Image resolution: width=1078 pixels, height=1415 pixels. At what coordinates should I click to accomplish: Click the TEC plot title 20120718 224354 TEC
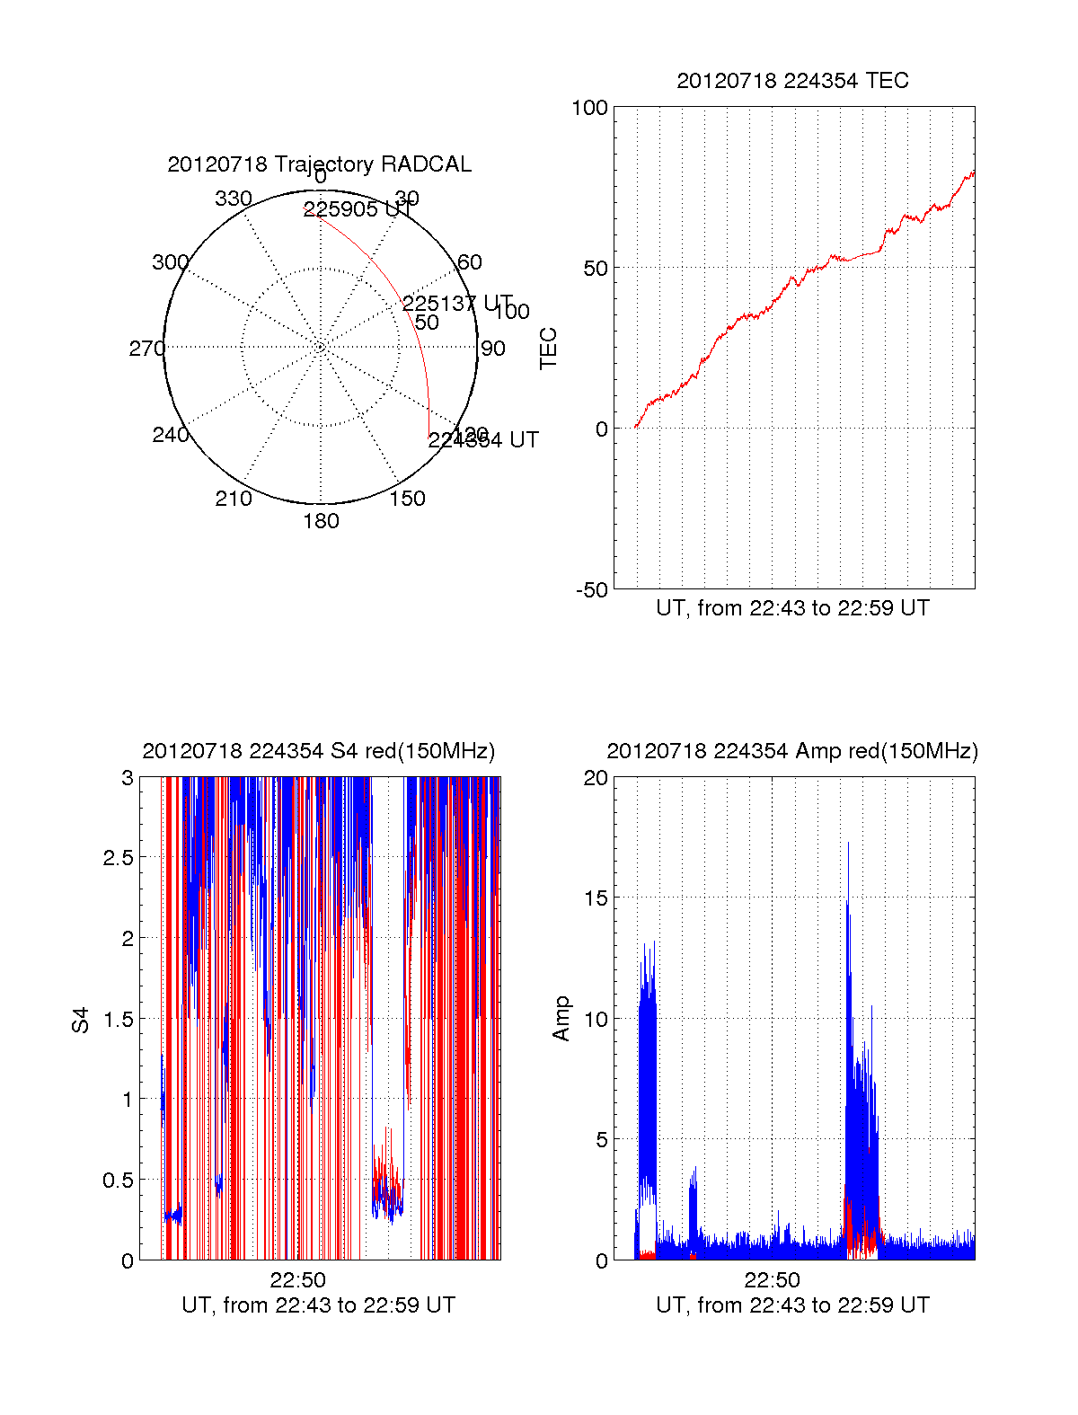tap(792, 81)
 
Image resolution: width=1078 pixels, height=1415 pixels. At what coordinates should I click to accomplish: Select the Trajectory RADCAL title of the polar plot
tap(320, 164)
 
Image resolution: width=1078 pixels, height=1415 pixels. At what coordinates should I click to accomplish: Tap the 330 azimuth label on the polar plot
tap(234, 199)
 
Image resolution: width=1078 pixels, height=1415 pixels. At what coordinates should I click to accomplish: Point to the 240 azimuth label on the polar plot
tap(171, 435)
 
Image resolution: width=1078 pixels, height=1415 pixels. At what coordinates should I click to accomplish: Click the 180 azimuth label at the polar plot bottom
tap(321, 521)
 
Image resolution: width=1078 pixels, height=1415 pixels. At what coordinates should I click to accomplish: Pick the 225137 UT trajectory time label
tap(456, 304)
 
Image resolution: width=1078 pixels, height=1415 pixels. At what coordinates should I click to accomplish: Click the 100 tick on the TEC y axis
tap(590, 108)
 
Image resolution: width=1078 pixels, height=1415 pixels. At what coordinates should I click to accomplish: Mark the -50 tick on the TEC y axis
tap(592, 590)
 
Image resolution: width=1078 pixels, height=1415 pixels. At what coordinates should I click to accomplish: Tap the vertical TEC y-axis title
tap(548, 349)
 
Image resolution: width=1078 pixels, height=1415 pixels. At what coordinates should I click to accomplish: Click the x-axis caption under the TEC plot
tap(792, 608)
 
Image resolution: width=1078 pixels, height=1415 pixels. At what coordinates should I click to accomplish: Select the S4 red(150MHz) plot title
tap(319, 751)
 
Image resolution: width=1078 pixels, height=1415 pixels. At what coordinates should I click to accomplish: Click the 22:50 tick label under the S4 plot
tap(297, 1280)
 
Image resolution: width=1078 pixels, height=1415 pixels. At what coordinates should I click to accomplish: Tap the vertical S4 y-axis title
tap(81, 1021)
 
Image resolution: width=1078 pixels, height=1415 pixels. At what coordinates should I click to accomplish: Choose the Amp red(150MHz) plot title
tap(792, 751)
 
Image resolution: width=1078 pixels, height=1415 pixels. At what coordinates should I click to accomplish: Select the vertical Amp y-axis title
tap(561, 1019)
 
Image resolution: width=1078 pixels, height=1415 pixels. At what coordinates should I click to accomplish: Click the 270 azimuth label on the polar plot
tap(146, 349)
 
